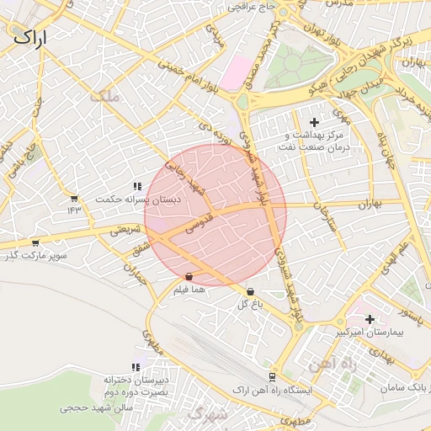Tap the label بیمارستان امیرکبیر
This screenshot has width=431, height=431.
click(x=371, y=333)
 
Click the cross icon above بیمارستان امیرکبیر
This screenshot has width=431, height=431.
click(x=370, y=319)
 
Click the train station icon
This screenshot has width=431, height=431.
click(x=271, y=378)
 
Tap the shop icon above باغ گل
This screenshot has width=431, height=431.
click(x=250, y=291)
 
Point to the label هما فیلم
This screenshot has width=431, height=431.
click(x=189, y=290)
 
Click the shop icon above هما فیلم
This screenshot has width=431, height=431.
click(x=189, y=276)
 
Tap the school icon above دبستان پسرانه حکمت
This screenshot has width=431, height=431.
click(x=136, y=186)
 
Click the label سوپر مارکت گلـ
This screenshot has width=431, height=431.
click(x=35, y=255)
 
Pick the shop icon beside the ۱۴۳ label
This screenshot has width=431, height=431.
click(x=74, y=199)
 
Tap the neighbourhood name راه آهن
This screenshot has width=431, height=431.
click(x=333, y=364)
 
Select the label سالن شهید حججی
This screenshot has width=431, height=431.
click(x=96, y=407)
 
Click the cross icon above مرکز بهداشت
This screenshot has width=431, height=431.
click(x=315, y=123)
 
